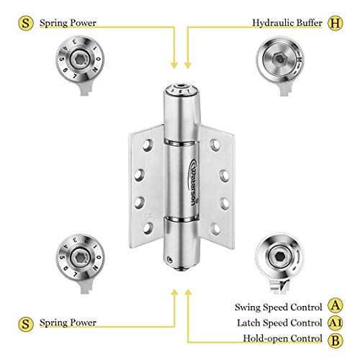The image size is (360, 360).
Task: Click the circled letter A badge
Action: (335, 305)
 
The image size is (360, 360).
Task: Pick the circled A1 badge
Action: (335, 322)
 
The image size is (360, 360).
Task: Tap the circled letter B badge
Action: (335, 339)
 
